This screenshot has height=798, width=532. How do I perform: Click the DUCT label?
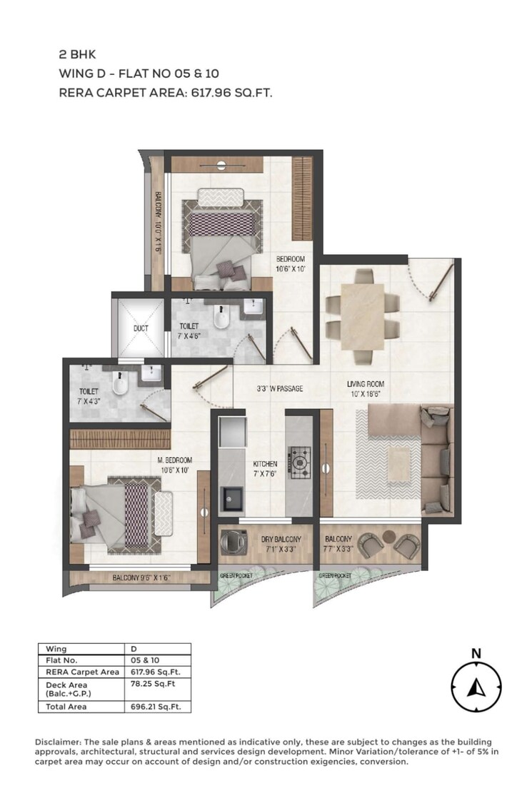point(140,329)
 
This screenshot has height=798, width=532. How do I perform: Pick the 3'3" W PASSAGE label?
point(280,389)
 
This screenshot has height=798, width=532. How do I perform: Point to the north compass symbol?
point(476,687)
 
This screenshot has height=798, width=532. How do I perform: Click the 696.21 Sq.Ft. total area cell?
point(156,707)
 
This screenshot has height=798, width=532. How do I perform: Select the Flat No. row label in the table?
point(61,661)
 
